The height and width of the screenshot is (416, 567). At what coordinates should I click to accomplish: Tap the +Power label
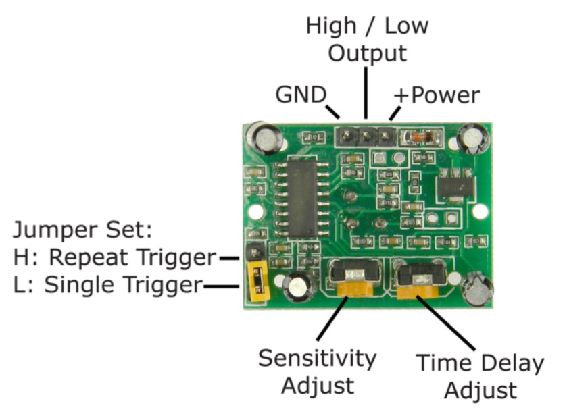[x=437, y=95]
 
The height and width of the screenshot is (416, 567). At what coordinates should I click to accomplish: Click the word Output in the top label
[x=366, y=53]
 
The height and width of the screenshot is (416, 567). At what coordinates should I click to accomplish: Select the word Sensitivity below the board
[x=317, y=357]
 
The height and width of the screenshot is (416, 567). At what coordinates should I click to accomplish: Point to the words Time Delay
[x=479, y=363]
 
